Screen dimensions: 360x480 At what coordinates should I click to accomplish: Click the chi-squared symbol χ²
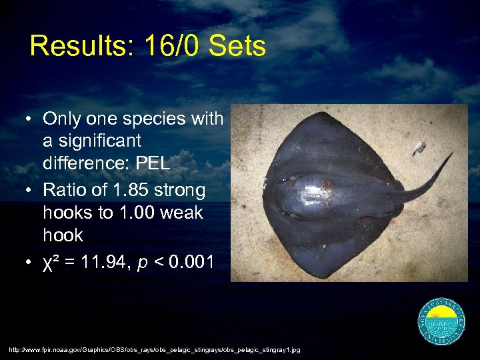51,262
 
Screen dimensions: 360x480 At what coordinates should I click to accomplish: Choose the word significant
92,141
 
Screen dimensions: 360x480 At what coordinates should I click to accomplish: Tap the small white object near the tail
418,147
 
